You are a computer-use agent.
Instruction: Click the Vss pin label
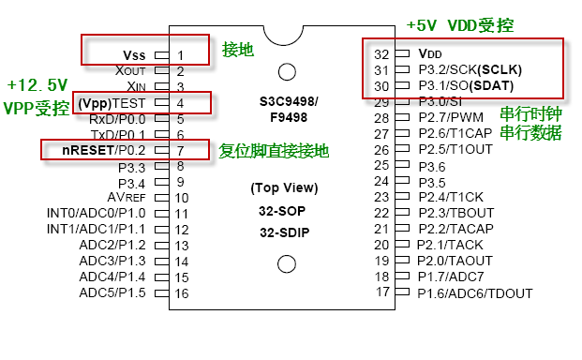tap(134, 54)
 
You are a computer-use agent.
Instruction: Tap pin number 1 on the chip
tap(181, 54)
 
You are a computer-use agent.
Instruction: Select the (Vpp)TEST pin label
tap(112, 102)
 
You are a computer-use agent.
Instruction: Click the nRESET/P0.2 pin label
tap(104, 150)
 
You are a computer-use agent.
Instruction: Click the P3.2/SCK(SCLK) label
tap(468, 70)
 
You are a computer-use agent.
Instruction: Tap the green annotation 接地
tap(237, 50)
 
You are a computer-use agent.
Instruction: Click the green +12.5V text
tap(37, 85)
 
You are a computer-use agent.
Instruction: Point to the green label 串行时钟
tap(530, 113)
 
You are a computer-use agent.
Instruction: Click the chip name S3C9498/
tap(289, 100)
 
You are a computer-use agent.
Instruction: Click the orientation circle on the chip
tap(289, 70)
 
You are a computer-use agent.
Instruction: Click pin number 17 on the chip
tap(382, 292)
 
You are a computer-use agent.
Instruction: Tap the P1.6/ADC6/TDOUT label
tap(474, 293)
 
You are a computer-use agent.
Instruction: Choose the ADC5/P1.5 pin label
tap(112, 293)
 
